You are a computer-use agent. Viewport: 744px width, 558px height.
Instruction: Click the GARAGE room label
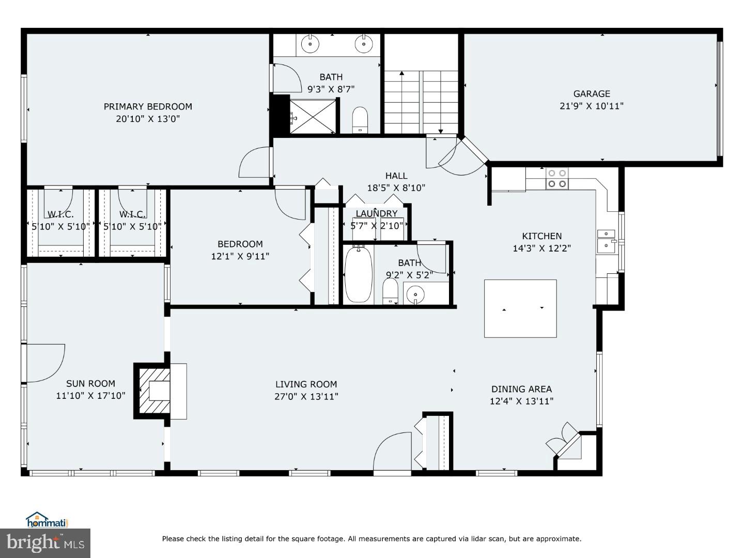pos(592,94)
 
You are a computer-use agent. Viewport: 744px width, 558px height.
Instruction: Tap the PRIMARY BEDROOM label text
pos(148,106)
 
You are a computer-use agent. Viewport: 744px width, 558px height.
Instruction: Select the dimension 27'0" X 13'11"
pos(306,397)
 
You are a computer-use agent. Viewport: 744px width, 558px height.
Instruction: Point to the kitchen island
pos(520,308)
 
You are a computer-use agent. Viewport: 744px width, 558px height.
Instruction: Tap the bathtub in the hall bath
pos(358,274)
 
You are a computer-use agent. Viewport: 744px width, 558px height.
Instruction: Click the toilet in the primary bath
pos(359,119)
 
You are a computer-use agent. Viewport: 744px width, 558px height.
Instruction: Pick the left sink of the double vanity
pos(309,44)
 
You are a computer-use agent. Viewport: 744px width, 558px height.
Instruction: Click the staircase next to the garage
pos(421,101)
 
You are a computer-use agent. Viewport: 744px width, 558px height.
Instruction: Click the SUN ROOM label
pos(90,383)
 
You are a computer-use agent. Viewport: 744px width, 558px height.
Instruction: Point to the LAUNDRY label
pos(377,213)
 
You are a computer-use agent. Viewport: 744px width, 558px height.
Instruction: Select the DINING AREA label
pos(521,389)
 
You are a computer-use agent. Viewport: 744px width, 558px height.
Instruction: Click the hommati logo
pos(48,520)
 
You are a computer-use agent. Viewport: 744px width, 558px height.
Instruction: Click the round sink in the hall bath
pos(415,295)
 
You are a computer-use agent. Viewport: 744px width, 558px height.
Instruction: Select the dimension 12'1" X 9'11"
pos(240,256)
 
